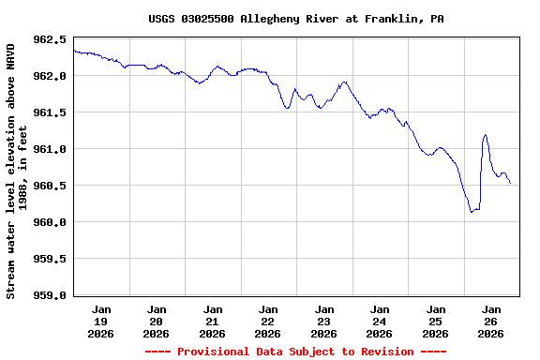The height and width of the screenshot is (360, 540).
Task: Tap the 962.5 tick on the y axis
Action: point(50,40)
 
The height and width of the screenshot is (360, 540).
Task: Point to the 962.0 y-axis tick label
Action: point(50,77)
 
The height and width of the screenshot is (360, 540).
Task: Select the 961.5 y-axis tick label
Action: point(50,113)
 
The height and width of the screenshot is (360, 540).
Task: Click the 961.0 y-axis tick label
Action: point(50,150)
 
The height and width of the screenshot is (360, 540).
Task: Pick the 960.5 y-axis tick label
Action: point(50,187)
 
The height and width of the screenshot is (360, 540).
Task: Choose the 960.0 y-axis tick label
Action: point(50,223)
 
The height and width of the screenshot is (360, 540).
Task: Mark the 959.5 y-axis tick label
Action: point(50,260)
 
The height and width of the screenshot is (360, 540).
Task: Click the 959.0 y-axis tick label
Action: point(50,296)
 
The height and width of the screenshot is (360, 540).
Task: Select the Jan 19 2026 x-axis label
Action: point(101,321)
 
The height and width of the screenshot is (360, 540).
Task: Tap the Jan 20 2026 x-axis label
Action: point(157,321)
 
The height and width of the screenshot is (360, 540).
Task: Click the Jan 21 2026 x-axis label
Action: point(213,321)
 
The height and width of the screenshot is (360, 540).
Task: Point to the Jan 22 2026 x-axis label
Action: point(268,321)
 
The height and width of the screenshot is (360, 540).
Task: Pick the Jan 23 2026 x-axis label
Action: point(324,321)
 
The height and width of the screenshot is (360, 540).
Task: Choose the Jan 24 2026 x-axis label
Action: point(380,321)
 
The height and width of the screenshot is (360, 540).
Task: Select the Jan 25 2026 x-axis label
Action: point(436,321)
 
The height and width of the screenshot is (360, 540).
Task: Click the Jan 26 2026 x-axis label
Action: point(491,321)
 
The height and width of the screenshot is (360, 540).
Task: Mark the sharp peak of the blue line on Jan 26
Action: point(485,135)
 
